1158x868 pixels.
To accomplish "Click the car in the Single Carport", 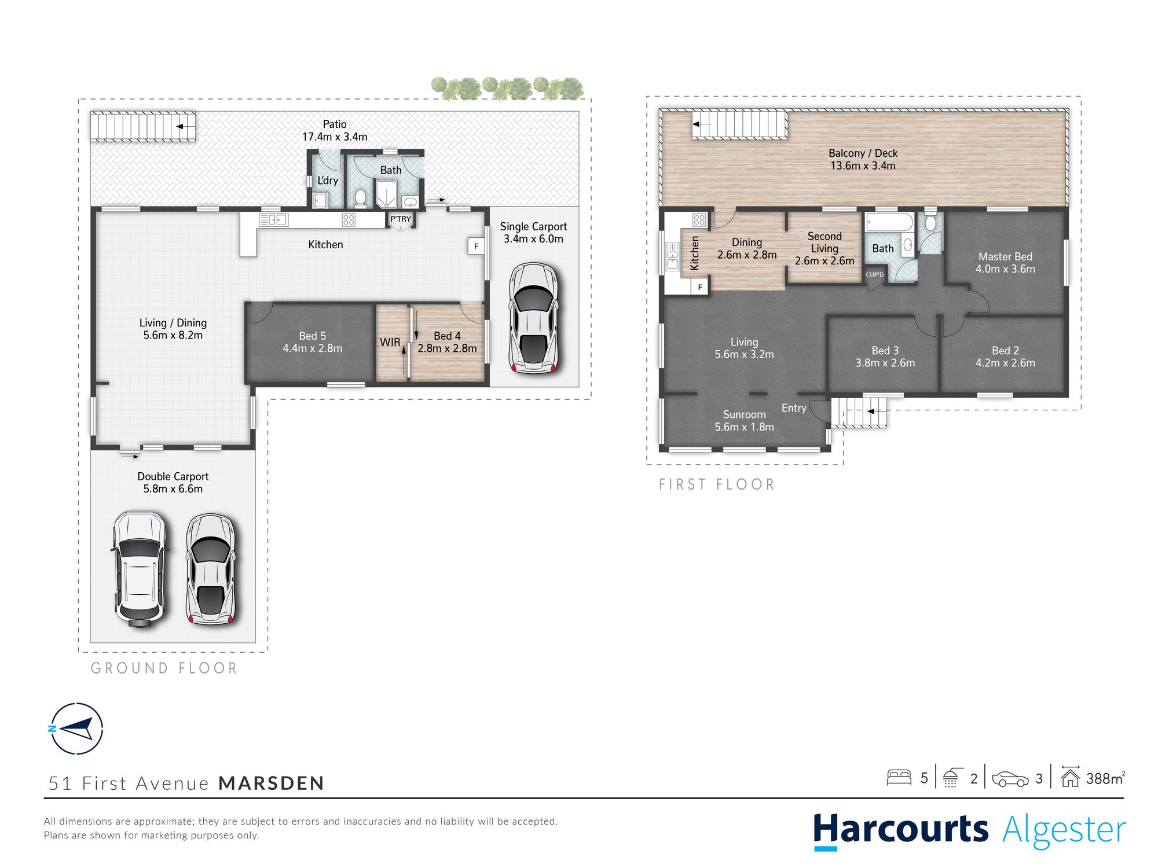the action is pyautogui.click(x=533, y=318).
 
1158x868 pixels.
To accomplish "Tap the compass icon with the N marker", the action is pyautogui.click(x=76, y=729).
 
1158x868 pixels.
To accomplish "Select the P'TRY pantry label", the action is pyautogui.click(x=400, y=219).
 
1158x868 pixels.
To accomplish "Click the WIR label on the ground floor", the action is pyautogui.click(x=390, y=342).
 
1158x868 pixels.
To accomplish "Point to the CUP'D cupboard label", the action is pyautogui.click(x=874, y=275).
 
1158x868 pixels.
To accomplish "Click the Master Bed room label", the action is pyautogui.click(x=1005, y=256).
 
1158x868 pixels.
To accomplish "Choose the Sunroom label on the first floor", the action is pyautogui.click(x=744, y=414).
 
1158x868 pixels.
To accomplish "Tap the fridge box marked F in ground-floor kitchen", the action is pyautogui.click(x=476, y=246).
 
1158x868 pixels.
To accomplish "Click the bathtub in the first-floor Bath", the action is pyautogui.click(x=889, y=223).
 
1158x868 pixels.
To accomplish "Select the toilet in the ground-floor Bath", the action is pyautogui.click(x=360, y=198).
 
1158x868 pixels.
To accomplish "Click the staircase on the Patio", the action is pyautogui.click(x=143, y=126).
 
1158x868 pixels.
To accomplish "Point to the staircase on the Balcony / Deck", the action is pyautogui.click(x=740, y=124).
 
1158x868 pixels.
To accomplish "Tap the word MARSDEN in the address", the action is pyautogui.click(x=271, y=783).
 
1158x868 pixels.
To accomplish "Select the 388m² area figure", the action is pyautogui.click(x=1105, y=778).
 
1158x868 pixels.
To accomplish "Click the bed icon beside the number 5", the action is pyautogui.click(x=899, y=777).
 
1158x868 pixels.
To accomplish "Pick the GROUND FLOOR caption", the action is pyautogui.click(x=164, y=668).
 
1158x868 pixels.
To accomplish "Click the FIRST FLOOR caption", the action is pyautogui.click(x=717, y=484).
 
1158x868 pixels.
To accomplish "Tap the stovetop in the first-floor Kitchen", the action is pyautogui.click(x=699, y=220).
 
